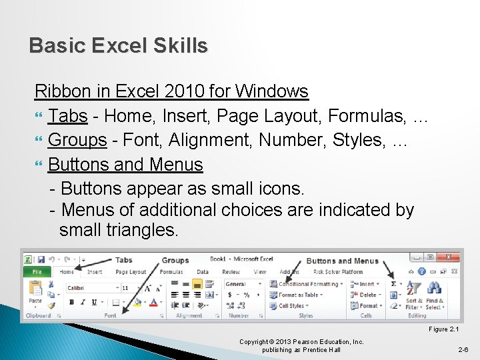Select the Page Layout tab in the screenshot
tap(131, 272)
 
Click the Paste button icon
tap(34, 291)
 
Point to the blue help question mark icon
tap(421, 272)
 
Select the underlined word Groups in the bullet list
tap(77, 140)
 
